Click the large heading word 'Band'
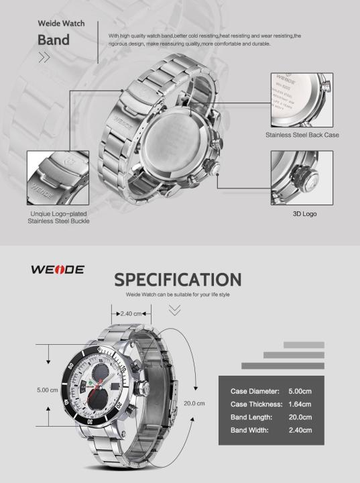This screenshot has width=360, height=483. [x=54, y=40]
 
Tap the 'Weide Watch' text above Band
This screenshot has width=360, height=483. [x=60, y=23]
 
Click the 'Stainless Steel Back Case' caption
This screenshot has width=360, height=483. [x=301, y=135]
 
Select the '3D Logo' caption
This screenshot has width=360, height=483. [x=304, y=214]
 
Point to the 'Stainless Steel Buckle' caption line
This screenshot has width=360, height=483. [x=60, y=221]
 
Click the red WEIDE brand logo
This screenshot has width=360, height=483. [x=58, y=269]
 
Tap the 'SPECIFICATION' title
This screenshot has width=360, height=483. [x=178, y=279]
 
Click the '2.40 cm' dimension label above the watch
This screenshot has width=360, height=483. [x=131, y=313]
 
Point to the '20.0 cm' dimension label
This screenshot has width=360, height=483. [x=194, y=403]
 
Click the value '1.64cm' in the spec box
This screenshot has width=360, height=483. [x=300, y=404]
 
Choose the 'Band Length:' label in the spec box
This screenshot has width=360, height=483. [x=251, y=417]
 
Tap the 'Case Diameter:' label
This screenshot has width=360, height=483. [x=255, y=391]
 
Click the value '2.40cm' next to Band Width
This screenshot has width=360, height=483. [x=300, y=429]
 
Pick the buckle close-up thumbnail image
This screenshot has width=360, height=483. [x=58, y=178]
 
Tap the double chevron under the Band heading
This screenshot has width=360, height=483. [x=44, y=58]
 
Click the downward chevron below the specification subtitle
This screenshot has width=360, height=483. [x=175, y=310]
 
